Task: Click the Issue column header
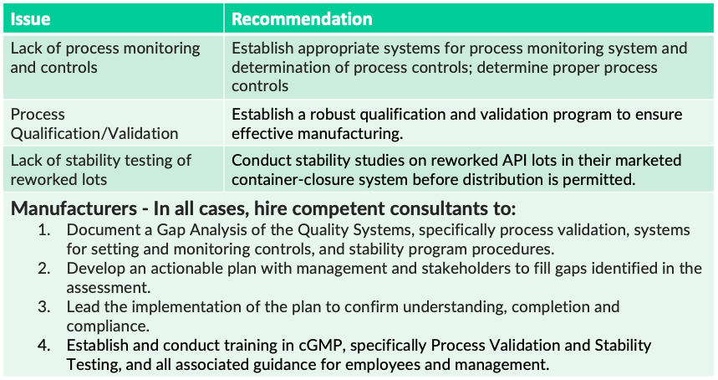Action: point(31,18)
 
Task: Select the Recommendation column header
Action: point(302,18)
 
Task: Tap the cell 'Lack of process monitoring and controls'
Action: point(105,58)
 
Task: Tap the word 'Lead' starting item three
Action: point(82,307)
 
